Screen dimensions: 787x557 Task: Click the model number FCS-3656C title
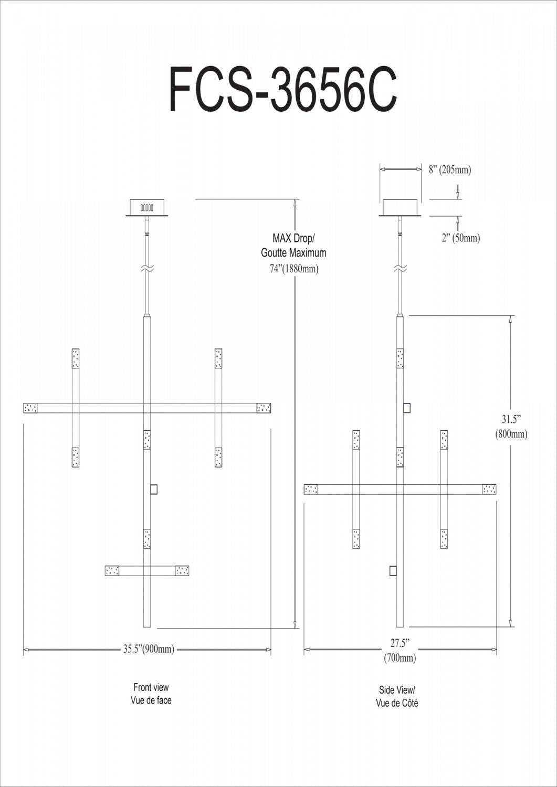point(282,89)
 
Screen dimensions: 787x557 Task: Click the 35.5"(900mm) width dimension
point(149,650)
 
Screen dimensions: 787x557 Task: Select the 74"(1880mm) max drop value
point(290,269)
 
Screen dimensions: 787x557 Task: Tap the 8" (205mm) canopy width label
point(450,170)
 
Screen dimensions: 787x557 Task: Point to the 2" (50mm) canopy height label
point(460,238)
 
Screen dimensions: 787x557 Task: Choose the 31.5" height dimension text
point(510,420)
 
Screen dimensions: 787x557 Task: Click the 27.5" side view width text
point(400,643)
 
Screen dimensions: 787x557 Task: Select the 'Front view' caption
point(151,687)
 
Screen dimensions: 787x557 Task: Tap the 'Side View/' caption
point(397,690)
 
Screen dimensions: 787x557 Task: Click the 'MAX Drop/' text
point(293,239)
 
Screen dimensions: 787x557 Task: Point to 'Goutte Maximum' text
point(293,253)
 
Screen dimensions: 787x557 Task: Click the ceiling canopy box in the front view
point(148,207)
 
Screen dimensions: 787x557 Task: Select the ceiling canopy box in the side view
point(401,208)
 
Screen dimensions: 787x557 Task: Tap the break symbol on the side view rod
point(401,269)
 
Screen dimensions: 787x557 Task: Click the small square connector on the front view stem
point(154,490)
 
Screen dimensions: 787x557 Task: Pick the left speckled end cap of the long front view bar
point(31,408)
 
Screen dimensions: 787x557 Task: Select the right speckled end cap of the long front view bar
point(264,408)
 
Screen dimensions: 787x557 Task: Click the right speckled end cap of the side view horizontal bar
point(489,490)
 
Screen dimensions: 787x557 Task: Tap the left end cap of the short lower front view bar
point(112,571)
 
